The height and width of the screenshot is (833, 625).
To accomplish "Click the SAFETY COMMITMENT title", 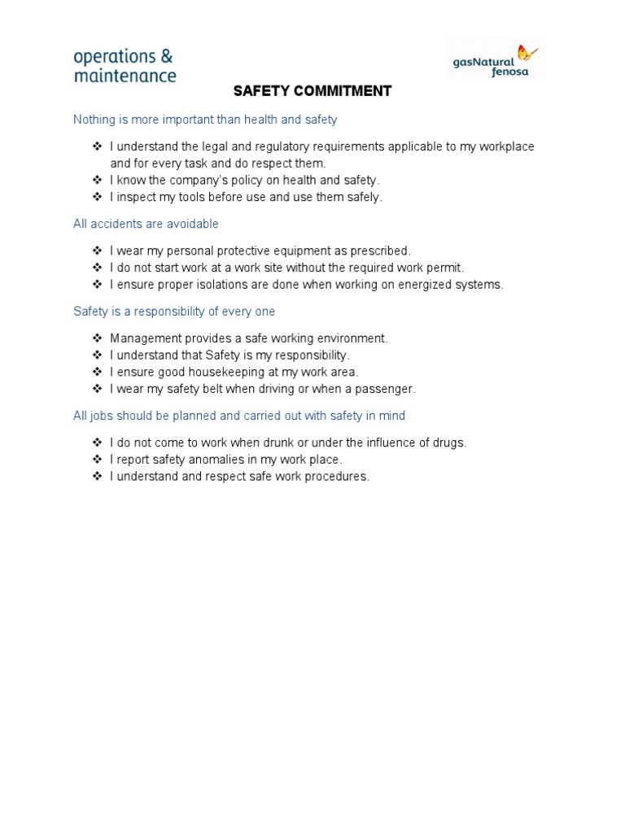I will [312, 91].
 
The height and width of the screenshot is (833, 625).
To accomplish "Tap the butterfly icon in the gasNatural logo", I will [527, 54].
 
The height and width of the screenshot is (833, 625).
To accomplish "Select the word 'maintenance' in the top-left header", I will [125, 76].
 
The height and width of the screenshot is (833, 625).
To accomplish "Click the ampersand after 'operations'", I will [166, 57].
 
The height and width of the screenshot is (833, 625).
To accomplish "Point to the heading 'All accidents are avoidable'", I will [146, 224].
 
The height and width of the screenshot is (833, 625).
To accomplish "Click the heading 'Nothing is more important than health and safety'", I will [205, 120].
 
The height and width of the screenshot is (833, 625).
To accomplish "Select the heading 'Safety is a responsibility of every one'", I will [174, 312].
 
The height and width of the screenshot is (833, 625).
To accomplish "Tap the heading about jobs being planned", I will [239, 416].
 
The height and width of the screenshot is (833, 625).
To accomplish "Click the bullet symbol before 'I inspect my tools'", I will [96, 197].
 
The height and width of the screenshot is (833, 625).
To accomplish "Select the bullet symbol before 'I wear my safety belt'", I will [96, 389].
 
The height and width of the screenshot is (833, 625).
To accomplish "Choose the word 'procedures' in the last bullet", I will [336, 477].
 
